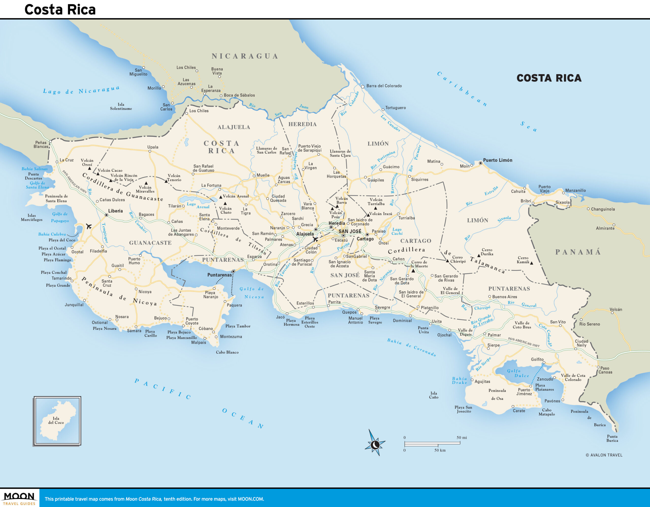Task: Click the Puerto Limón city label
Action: click(498, 160)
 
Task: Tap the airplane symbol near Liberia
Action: click(88, 226)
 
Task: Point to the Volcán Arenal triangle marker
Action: click(221, 197)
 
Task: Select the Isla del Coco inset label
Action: click(56, 420)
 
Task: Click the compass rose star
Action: click(375, 445)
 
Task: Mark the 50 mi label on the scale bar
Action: click(462, 437)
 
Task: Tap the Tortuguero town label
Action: click(395, 108)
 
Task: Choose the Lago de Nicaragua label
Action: click(81, 90)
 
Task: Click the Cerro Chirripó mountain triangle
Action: click(447, 261)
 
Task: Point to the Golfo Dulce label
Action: click(517, 373)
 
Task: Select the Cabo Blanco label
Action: click(227, 352)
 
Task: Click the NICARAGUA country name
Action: click(245, 56)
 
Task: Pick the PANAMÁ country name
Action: click(578, 252)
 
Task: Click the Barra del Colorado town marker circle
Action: click(363, 87)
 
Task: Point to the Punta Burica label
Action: click(612, 438)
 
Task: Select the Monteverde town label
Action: click(228, 228)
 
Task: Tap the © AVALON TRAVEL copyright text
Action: click(604, 455)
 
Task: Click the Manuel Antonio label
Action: click(355, 320)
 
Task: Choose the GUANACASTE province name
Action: click(150, 243)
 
